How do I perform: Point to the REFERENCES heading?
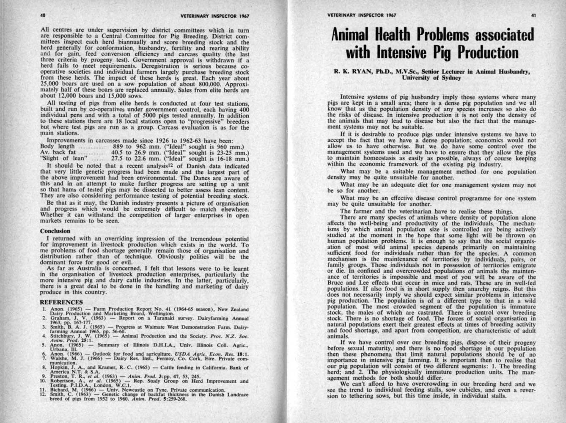click(x=60, y=302)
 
